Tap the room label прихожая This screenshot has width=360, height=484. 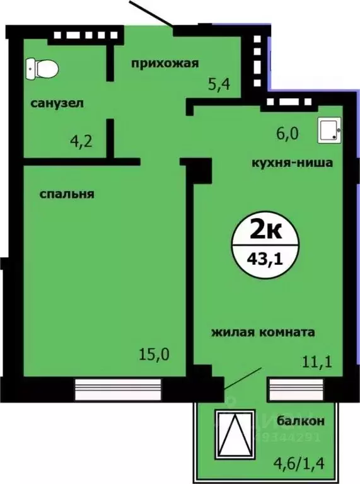pyautogui.click(x=165, y=62)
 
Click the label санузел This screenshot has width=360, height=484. pyautogui.click(x=57, y=102)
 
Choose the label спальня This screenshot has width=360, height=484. pyautogui.click(x=67, y=194)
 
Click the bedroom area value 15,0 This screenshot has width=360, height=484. pyautogui.click(x=154, y=354)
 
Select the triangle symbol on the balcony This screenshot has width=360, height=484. pyautogui.click(x=235, y=434)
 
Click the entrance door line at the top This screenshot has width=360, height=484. pyautogui.click(x=151, y=13)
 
